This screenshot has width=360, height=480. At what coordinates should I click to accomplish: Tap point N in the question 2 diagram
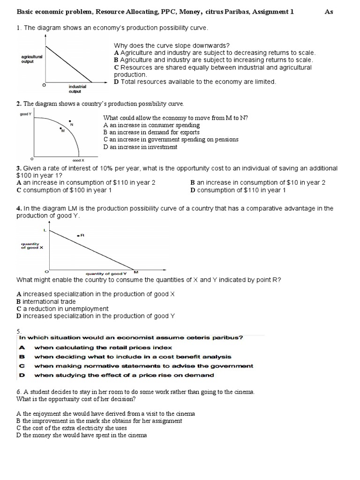tap(70, 120)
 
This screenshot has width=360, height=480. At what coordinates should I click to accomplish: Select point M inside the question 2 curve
tap(60, 128)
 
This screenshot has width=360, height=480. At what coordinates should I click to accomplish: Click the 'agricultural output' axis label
tap(32, 59)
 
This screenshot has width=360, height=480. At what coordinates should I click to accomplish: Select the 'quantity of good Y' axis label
tap(106, 273)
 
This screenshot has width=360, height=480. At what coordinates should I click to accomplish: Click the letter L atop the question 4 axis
tap(45, 230)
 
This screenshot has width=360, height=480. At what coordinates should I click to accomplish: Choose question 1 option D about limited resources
tap(195, 82)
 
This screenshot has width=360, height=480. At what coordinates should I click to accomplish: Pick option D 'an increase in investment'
tap(140, 147)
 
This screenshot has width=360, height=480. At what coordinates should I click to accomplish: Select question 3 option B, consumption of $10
tap(258, 183)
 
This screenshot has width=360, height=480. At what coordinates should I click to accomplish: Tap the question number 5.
tap(19, 331)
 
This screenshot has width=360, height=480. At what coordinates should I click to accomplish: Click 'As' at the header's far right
tap(329, 12)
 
